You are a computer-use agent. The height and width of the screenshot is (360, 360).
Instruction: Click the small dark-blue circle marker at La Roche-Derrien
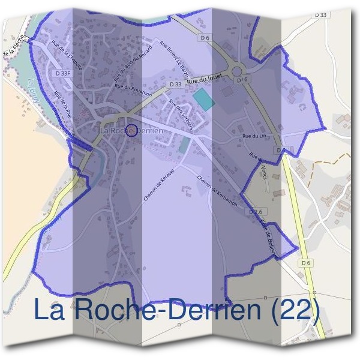(131, 130)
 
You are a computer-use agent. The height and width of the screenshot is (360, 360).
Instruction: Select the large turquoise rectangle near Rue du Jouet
(203, 100)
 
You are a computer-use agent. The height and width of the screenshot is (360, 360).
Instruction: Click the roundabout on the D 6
(239, 78)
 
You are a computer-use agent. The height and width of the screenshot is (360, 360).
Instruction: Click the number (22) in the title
(293, 310)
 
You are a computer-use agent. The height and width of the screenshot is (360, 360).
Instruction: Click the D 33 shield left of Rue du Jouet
(175, 85)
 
